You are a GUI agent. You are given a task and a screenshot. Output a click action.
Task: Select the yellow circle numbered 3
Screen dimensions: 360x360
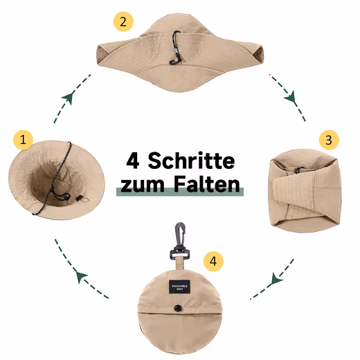[x=330, y=140]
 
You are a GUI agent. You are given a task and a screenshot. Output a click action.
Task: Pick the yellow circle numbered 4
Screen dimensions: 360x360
[x=214, y=261]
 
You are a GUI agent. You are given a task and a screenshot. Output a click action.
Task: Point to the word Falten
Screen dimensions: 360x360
[x=207, y=185]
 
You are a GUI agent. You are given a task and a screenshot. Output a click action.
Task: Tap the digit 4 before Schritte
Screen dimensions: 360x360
[x=134, y=161]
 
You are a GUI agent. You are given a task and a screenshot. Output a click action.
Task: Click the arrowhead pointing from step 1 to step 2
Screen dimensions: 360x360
[x=69, y=98]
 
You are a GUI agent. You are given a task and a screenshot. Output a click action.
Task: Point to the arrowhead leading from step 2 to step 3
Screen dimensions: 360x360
[x=291, y=98]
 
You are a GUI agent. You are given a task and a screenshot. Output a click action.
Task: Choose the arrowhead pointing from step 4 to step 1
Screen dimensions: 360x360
[x=82, y=276]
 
